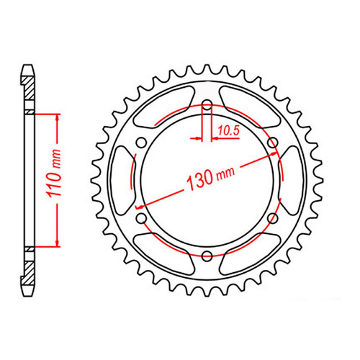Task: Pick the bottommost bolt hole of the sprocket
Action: coord(207,255)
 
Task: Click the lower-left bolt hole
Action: coord(142,218)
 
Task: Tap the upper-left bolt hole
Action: coord(142,143)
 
